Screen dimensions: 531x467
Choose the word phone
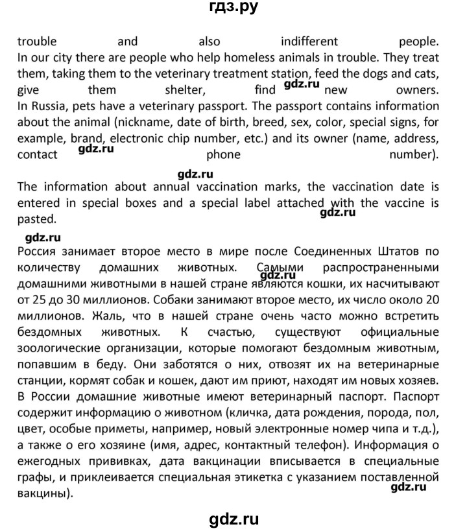223,154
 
